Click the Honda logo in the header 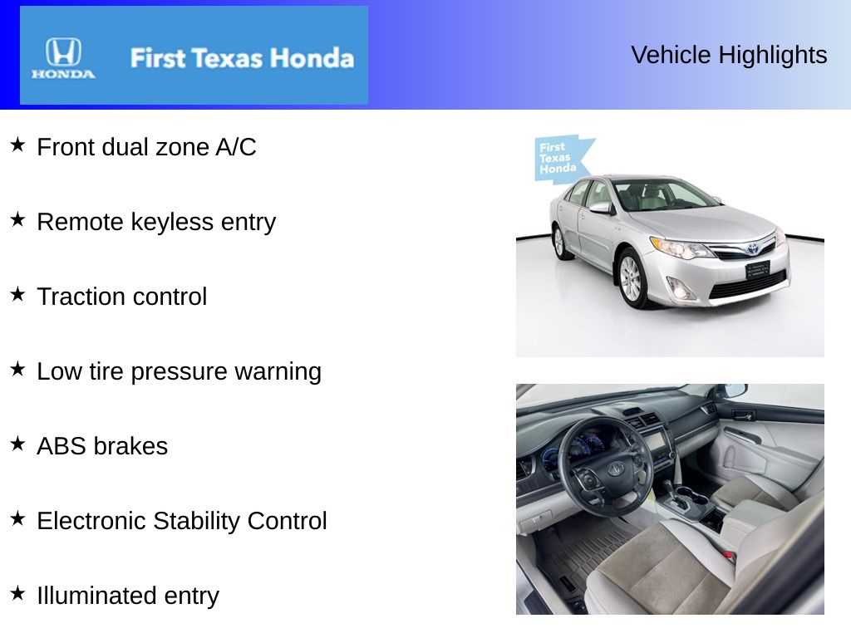tap(63, 56)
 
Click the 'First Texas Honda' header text tap(241, 58)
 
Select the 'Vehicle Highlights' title tap(729, 55)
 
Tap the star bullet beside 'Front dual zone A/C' tap(17, 145)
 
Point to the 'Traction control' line tap(121, 297)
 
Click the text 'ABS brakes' tap(102, 446)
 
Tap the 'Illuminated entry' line tap(127, 596)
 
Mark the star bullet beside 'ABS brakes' tap(17, 444)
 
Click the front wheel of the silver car tap(631, 279)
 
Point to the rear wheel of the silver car tap(558, 242)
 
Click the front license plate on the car tap(757, 269)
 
